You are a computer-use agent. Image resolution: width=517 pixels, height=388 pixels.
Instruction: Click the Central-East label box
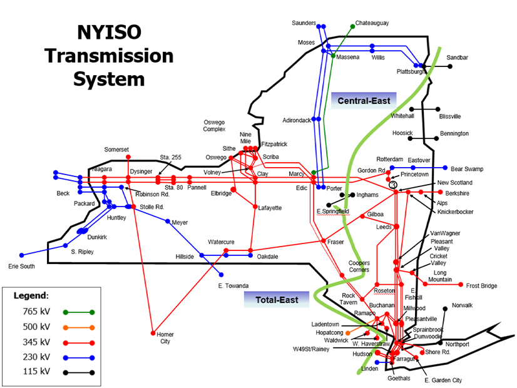pyautogui.click(x=364, y=101)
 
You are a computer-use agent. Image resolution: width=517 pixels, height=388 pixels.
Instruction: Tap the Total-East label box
pyautogui.click(x=277, y=300)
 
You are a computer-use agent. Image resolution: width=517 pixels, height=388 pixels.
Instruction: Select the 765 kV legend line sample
pyautogui.click(x=78, y=311)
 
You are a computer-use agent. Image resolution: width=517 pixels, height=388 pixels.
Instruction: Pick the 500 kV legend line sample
pyautogui.click(x=78, y=327)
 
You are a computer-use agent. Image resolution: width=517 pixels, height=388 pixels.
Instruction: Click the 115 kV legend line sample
pyautogui.click(x=78, y=372)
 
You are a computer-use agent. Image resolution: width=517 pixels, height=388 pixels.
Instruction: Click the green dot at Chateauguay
pyautogui.click(x=351, y=28)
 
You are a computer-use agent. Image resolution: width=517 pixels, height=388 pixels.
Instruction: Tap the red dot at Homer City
pyautogui.click(x=153, y=333)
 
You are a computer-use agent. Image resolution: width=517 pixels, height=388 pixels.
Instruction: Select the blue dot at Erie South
pyautogui.click(x=22, y=255)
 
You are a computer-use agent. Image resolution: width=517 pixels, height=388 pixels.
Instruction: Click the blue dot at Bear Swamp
pyautogui.click(x=445, y=168)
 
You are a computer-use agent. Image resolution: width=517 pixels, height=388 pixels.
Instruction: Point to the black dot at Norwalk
pyautogui.click(x=445, y=307)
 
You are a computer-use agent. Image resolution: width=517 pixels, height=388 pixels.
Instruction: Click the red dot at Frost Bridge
pyautogui.click(x=461, y=285)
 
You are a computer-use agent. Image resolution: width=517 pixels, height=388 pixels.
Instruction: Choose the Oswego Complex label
pyautogui.click(x=214, y=126)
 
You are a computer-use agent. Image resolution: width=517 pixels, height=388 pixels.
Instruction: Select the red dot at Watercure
pyautogui.click(x=227, y=250)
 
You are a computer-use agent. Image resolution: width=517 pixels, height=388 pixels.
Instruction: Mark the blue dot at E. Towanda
pyautogui.click(x=220, y=275)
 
